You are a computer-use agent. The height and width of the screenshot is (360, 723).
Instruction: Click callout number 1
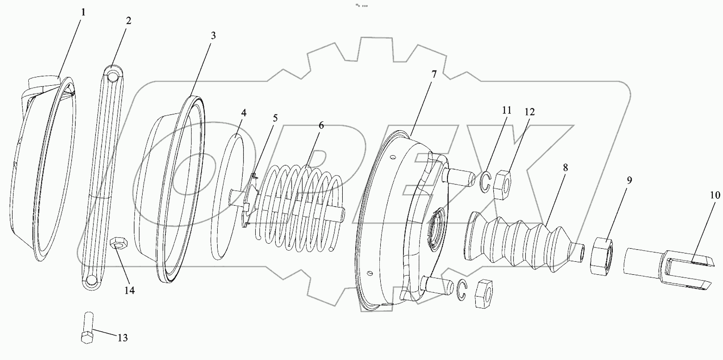point(83,13)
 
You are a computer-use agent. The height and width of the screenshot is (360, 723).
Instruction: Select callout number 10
point(715,195)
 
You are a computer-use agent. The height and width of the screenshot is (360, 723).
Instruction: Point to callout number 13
point(122,338)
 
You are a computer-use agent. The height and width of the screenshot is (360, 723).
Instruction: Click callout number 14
point(129,291)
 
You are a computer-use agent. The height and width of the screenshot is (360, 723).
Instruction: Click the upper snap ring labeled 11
point(484,182)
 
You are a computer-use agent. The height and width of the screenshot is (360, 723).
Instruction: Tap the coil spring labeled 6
point(301,208)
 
